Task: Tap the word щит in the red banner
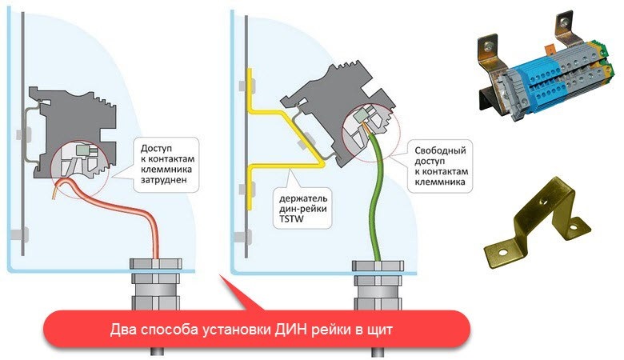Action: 381,330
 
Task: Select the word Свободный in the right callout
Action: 440,150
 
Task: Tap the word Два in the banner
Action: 122,330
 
